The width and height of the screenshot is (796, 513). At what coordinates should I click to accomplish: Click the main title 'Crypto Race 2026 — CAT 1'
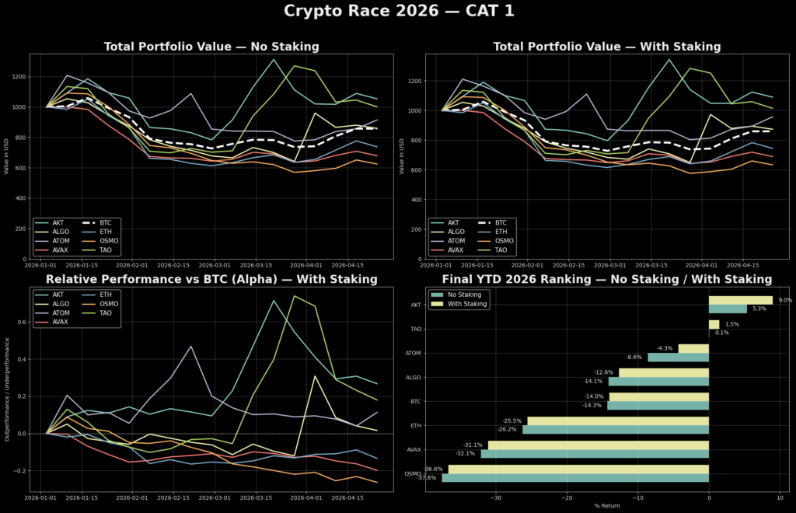point(398,12)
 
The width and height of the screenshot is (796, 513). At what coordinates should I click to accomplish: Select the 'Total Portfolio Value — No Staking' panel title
point(211,47)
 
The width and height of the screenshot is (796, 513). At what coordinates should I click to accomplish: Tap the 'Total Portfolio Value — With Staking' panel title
point(606,47)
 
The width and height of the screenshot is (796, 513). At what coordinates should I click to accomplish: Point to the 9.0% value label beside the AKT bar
point(785,300)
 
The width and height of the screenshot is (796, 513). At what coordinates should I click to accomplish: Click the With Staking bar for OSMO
point(578,469)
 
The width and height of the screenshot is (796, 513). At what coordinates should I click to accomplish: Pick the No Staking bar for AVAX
point(595,453)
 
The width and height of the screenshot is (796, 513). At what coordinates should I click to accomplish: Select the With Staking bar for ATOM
point(693,348)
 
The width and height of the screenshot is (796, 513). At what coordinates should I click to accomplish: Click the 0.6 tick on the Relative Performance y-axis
point(19,322)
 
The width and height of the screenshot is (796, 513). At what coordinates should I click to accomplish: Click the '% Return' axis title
point(607,506)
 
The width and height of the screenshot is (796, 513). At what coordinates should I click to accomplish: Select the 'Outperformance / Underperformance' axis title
point(7,389)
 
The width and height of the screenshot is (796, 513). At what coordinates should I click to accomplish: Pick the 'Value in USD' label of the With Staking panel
point(402,156)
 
